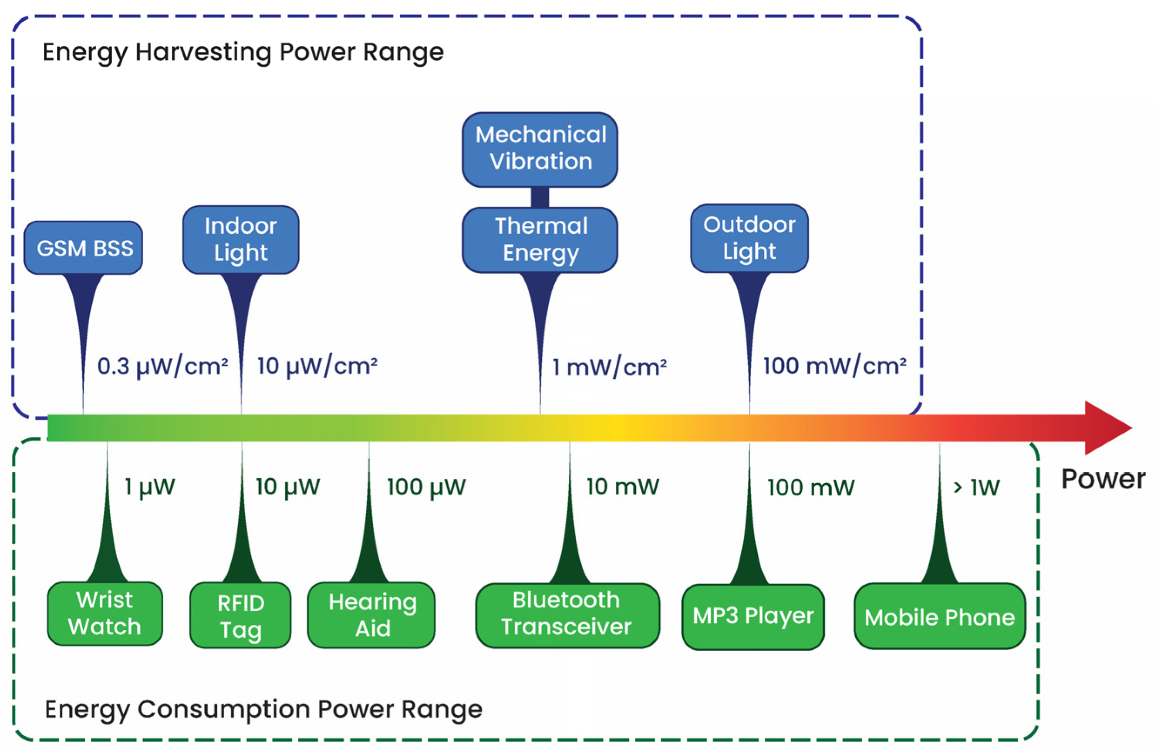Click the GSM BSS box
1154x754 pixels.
click(84, 248)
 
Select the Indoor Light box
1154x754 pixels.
click(240, 239)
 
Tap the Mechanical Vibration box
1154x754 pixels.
click(540, 149)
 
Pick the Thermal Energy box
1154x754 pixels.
click(540, 240)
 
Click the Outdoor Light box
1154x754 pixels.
click(749, 238)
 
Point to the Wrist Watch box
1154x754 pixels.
click(105, 613)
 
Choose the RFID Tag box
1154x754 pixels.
click(240, 616)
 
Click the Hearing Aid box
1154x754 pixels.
click(371, 615)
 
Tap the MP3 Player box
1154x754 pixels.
click(752, 616)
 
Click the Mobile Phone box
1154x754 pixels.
click(939, 616)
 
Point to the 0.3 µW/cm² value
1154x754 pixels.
click(162, 367)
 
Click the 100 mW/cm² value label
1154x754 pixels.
click(834, 367)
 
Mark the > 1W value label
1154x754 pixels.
click(976, 487)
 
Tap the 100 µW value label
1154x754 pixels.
click(426, 487)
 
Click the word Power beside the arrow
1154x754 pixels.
click(1103, 479)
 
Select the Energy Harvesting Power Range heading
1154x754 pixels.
click(243, 52)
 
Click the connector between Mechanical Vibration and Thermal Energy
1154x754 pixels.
click(540, 197)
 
